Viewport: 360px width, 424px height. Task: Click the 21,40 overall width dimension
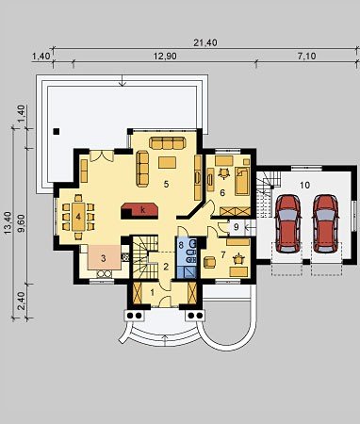tap(205, 42)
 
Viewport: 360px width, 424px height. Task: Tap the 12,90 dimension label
tap(165, 57)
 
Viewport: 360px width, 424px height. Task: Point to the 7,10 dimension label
tap(306, 57)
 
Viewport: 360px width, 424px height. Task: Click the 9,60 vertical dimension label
tap(22, 223)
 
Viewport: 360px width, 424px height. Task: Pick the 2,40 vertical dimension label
tap(22, 301)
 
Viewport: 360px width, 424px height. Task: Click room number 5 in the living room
tap(166, 184)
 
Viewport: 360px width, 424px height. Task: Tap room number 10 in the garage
tap(304, 185)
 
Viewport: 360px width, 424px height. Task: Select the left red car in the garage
tap(288, 223)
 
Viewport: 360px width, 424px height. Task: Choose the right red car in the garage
tap(326, 223)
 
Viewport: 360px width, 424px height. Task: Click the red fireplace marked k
tap(139, 211)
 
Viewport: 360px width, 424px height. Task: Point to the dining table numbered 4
tap(78, 217)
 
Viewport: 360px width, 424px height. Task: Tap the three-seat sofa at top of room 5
tap(166, 142)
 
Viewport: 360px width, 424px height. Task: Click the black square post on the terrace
tap(57, 131)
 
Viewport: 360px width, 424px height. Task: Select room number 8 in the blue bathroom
tap(181, 245)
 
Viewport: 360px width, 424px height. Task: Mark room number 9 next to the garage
tap(237, 226)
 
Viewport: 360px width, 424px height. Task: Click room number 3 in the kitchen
tap(104, 258)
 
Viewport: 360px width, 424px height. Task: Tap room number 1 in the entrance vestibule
tap(153, 293)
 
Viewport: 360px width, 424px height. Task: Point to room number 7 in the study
tap(223, 254)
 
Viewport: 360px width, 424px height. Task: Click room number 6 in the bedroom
tap(222, 192)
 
